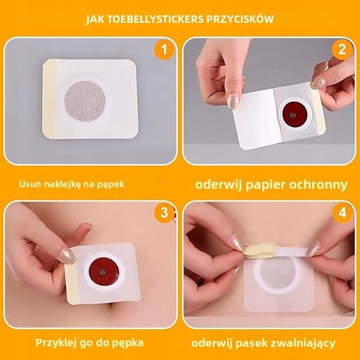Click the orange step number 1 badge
click(163, 50)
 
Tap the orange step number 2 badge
click(342, 50)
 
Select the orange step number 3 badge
click(164, 213)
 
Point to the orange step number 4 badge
click(343, 213)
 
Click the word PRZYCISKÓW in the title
click(240, 19)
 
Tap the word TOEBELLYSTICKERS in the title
click(155, 19)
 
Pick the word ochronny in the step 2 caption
click(318, 185)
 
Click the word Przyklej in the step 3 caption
click(56, 343)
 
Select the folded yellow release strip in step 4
click(260, 251)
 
